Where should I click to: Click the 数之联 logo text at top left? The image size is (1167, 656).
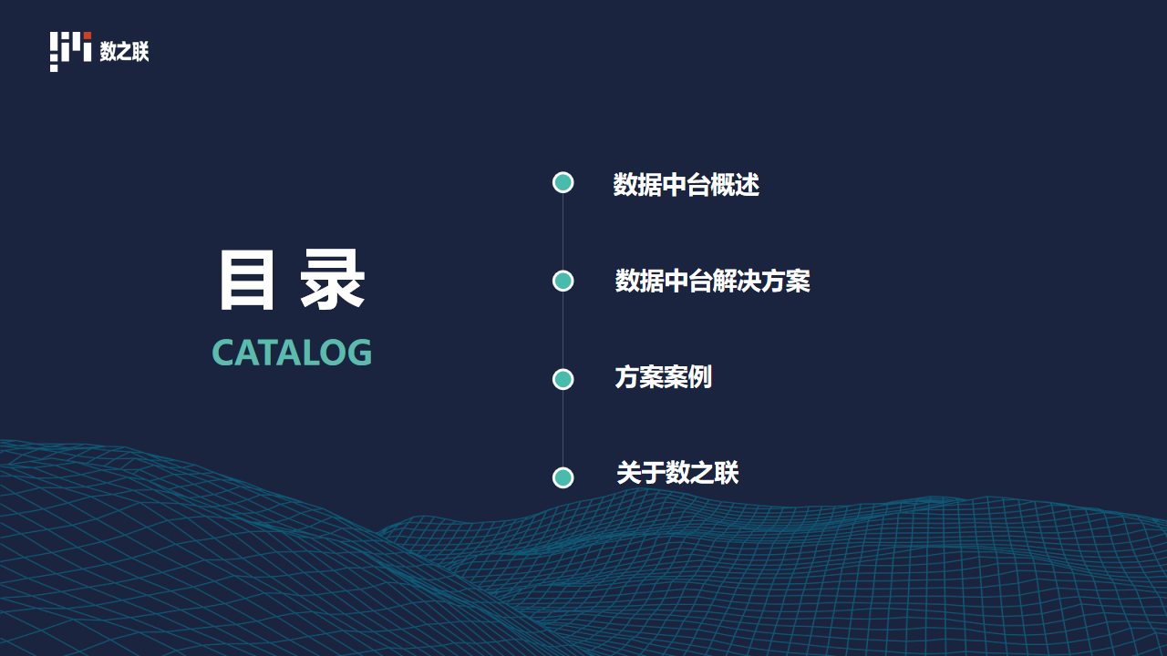click(125, 51)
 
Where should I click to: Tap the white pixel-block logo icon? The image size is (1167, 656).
click(70, 52)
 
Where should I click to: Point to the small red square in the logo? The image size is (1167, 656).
click(88, 36)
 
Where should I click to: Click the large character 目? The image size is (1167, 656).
click(246, 280)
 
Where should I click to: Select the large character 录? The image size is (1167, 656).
click(333, 280)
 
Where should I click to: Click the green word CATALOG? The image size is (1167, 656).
click(292, 353)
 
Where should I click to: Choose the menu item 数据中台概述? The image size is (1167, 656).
click(687, 185)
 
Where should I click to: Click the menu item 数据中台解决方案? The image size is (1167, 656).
click(713, 282)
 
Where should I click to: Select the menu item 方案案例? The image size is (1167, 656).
click(663, 377)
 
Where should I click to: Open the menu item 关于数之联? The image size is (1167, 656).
click(677, 473)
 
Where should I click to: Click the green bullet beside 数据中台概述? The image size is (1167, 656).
click(563, 183)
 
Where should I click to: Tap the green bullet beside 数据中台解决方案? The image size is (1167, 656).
click(563, 282)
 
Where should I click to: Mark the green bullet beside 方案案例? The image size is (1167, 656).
click(563, 379)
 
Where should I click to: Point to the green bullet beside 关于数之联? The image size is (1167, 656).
click(563, 477)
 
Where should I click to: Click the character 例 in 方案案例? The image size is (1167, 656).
click(700, 377)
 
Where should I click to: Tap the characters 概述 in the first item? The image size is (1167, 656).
click(735, 185)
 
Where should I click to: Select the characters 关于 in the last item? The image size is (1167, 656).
click(641, 473)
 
